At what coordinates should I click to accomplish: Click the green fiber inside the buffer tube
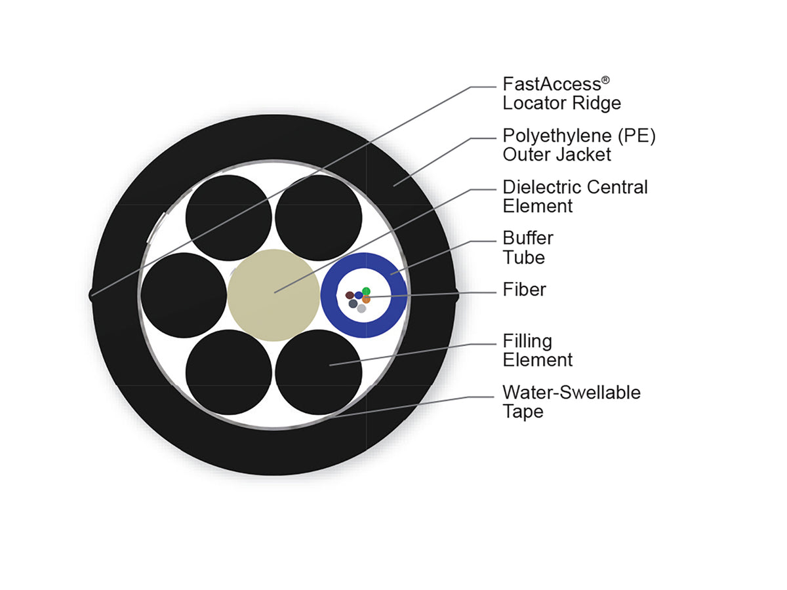click(366, 291)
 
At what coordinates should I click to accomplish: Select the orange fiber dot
click(366, 299)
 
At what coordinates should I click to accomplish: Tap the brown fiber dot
click(349, 295)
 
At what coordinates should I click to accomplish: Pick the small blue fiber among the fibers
click(358, 295)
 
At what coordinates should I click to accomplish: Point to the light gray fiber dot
click(361, 308)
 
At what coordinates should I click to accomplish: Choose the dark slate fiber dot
click(353, 304)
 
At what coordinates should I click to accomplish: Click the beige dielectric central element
click(273, 295)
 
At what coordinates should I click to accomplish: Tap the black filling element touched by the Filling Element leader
click(318, 372)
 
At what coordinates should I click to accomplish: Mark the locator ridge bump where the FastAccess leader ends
click(91, 295)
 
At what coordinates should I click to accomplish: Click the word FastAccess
click(552, 85)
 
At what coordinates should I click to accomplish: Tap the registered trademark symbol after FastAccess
click(605, 80)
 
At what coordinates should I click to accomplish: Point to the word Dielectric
click(542, 187)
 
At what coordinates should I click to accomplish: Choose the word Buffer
click(528, 238)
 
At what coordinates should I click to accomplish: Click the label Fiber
click(524, 290)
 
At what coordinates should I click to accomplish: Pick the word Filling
click(527, 342)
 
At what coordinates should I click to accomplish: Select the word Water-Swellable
click(571, 393)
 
